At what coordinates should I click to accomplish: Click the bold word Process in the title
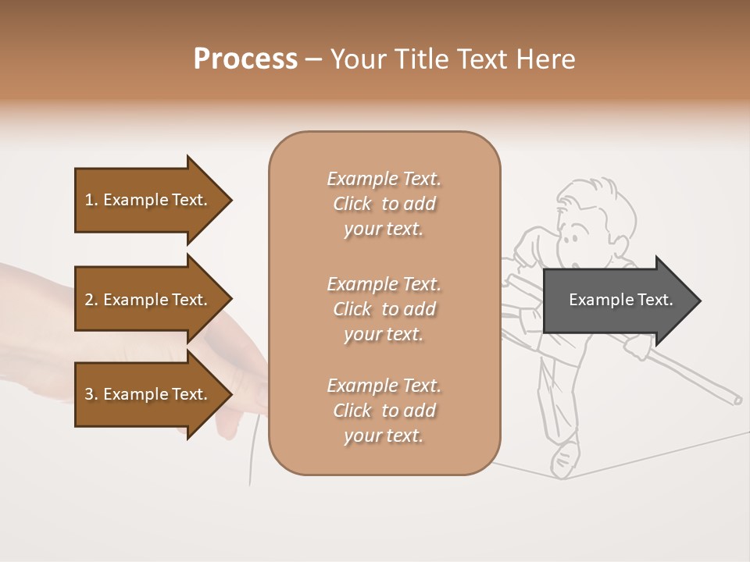point(245,59)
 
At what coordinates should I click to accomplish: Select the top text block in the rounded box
point(384,204)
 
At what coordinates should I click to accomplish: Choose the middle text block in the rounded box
point(384,309)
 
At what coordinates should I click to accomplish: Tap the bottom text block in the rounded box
point(384,411)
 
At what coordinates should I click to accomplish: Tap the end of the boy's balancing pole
point(736,400)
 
